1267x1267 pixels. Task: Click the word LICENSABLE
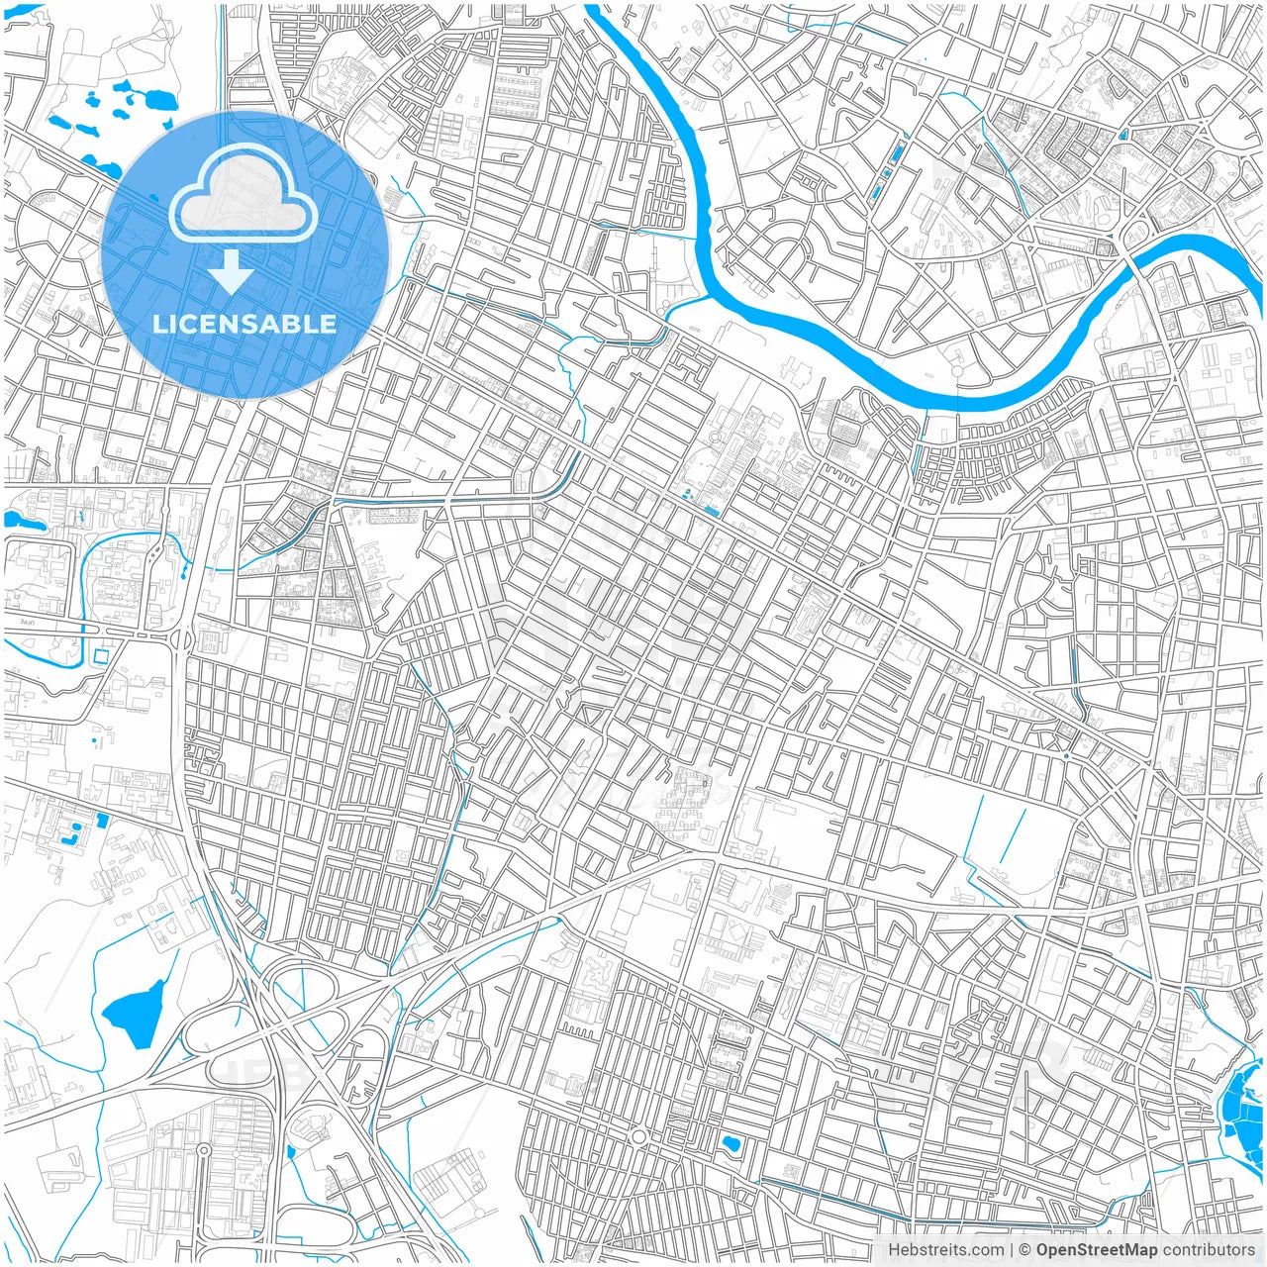pos(244,324)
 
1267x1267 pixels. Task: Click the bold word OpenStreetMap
pos(1096,1250)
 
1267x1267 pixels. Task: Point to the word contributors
pos(1209,1250)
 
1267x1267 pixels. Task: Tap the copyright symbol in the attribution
pos(1025,1250)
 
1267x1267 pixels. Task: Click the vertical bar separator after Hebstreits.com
pos(1011,1250)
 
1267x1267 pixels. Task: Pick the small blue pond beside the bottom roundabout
pos(731,1144)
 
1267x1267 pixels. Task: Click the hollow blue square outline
pos(101,655)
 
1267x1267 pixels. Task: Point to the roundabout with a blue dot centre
pos(1066,755)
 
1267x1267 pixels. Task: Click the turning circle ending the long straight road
pos(202,1150)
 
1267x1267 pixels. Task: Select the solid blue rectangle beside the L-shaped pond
pos(101,820)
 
